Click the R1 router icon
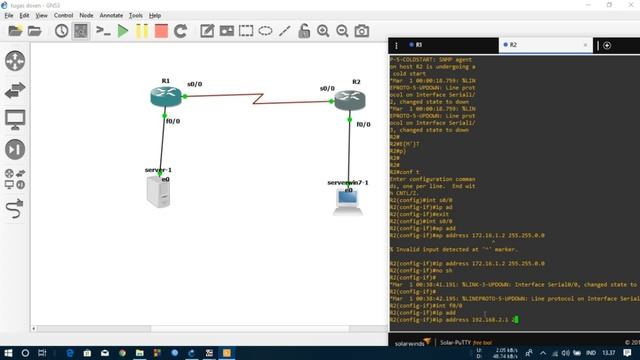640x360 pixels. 164,97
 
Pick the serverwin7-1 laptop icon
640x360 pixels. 347,201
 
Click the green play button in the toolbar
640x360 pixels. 123,31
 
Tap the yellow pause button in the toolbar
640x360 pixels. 141,31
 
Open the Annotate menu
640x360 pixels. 111,16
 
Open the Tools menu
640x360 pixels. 136,16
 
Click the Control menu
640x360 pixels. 63,16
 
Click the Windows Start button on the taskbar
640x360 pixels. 9,352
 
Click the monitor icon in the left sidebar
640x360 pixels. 15,120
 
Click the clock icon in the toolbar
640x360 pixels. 62,31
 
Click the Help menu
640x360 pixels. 155,16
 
